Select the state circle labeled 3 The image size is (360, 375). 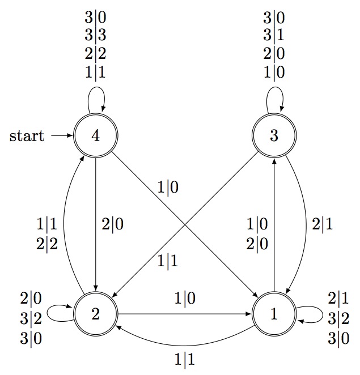(274, 136)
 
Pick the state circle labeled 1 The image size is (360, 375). (274, 315)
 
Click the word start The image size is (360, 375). (27, 137)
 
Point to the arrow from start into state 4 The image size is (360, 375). (61, 136)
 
